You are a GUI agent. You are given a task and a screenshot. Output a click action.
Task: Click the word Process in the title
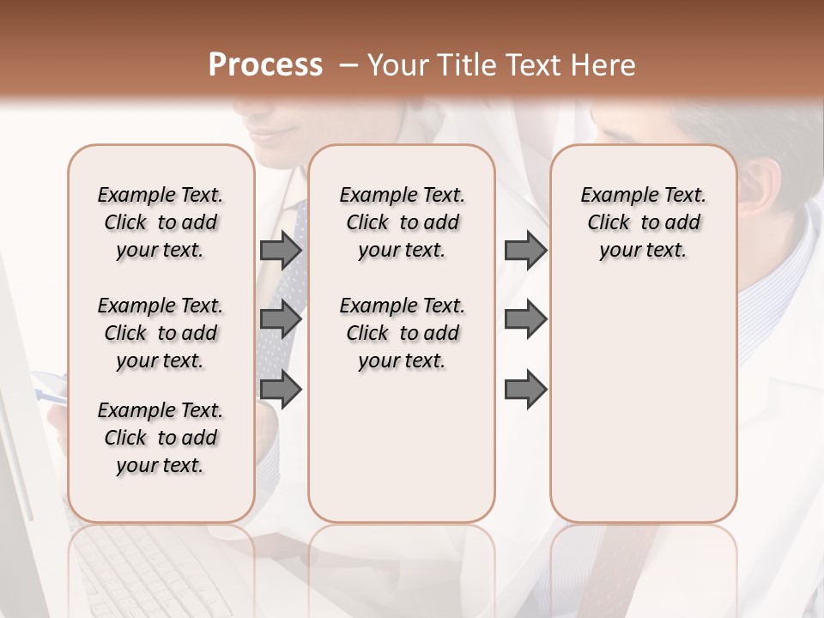tap(265, 65)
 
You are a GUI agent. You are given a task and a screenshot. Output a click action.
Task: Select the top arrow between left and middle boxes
tap(280, 250)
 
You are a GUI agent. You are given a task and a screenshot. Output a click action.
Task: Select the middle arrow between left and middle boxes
tap(280, 319)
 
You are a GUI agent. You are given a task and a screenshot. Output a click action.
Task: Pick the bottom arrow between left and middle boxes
tap(280, 389)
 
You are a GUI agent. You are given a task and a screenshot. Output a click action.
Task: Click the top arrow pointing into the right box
tap(525, 250)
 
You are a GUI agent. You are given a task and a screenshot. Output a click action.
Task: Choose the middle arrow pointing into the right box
tap(525, 319)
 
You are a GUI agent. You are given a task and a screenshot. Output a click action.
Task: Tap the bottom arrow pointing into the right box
tap(525, 389)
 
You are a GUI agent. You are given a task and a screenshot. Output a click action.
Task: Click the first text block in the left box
tap(161, 222)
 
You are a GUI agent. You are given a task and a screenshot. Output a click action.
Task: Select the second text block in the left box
tap(161, 333)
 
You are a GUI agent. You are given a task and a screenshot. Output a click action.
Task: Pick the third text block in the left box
tap(161, 438)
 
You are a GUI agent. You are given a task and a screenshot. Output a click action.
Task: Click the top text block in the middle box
tap(403, 222)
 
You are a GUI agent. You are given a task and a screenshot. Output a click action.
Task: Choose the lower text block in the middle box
tap(403, 333)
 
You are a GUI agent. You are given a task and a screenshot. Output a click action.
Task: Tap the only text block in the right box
tap(644, 222)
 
